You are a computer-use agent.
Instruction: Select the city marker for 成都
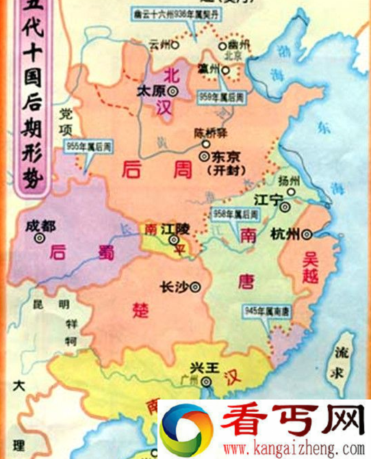[40, 237]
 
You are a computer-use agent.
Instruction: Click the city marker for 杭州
[307, 233]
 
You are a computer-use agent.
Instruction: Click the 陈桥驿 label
[209, 133]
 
